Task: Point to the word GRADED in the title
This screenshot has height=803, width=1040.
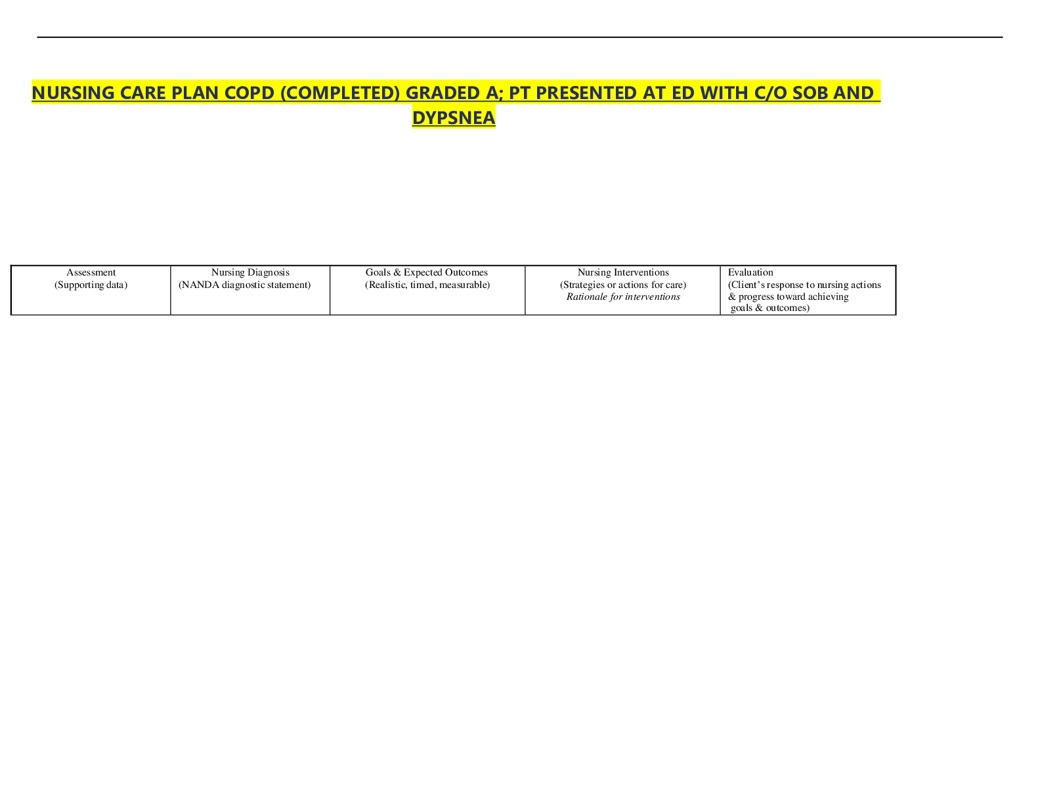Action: point(443,93)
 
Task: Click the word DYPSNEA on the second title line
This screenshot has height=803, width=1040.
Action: point(454,117)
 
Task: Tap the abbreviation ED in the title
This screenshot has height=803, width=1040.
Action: point(683,93)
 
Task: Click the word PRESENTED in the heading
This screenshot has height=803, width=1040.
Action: point(586,93)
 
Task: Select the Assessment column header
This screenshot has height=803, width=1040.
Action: point(91,273)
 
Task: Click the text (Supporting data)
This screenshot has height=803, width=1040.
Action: point(91,285)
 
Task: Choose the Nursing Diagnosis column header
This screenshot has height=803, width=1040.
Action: point(250,273)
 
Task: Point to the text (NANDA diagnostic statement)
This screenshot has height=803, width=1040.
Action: point(244,285)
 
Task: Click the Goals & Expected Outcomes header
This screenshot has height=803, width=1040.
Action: point(426,273)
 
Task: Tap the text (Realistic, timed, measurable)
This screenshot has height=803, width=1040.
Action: point(427,285)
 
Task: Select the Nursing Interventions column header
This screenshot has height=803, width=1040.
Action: point(623,273)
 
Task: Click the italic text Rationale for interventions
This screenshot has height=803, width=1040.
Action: point(623,297)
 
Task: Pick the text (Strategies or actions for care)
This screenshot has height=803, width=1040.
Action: point(623,285)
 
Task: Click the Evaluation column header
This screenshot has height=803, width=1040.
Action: point(750,273)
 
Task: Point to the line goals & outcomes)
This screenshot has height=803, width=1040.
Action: point(770,308)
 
